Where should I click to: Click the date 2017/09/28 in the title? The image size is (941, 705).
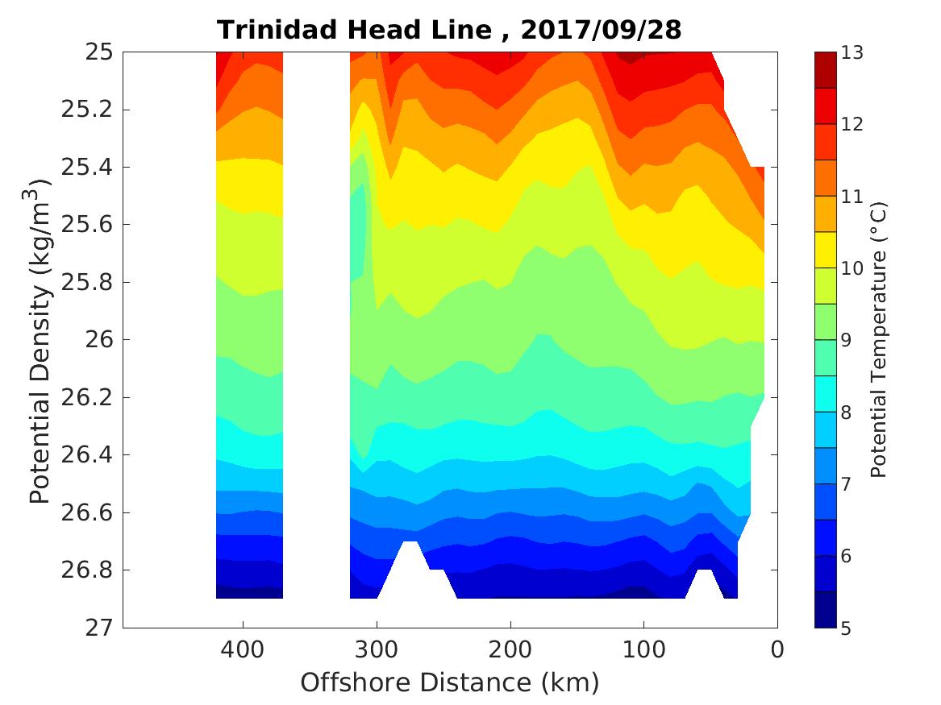point(601,30)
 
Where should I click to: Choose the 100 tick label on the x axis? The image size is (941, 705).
point(643,649)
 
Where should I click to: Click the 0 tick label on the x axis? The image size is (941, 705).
point(777,649)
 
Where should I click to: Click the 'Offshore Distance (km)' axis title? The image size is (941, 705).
point(450,683)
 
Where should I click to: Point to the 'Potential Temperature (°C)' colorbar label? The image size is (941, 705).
point(879,340)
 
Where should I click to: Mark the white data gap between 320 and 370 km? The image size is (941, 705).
point(316,322)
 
